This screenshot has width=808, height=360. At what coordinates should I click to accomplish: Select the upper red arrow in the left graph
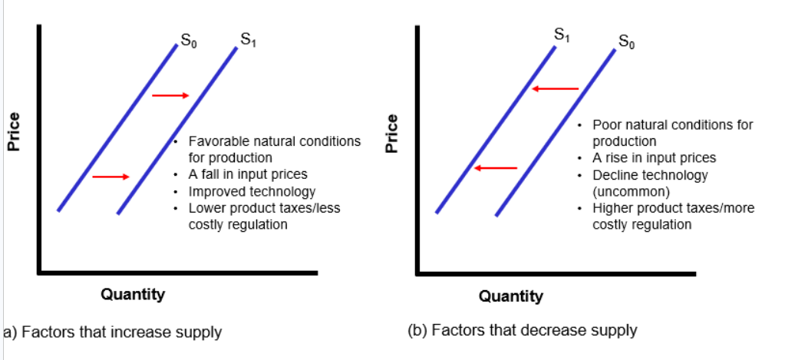tap(170, 95)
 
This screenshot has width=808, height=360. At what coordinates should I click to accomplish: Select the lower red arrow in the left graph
tap(110, 177)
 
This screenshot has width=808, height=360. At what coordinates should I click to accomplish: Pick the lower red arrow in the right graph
tap(495, 168)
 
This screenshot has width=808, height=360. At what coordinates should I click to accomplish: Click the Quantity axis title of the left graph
tap(133, 294)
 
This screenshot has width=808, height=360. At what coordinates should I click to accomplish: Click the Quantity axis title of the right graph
tap(511, 296)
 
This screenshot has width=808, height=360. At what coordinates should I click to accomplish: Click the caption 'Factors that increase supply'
tap(112, 332)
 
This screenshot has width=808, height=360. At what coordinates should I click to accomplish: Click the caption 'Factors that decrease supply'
tap(523, 331)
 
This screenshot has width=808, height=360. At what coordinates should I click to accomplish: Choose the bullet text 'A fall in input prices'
tap(248, 174)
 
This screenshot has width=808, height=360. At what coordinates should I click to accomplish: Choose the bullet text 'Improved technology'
tap(252, 191)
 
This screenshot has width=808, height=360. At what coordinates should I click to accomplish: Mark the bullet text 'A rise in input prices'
tap(654, 157)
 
